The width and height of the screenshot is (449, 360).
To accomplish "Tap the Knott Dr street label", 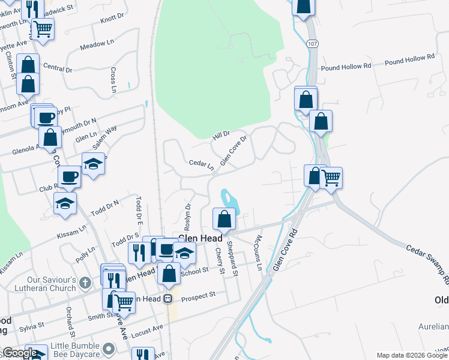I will [112, 19].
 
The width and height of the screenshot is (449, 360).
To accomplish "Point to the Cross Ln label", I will [113, 79].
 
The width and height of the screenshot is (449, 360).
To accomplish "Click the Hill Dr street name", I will [221, 136].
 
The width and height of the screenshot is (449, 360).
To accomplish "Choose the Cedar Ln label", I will [201, 163].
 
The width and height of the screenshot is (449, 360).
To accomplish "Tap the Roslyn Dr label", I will [188, 214].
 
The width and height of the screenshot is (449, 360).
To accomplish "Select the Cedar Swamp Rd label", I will [427, 263].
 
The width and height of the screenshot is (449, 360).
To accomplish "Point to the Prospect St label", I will [198, 296].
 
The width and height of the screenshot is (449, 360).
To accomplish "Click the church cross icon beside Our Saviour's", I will [85, 281].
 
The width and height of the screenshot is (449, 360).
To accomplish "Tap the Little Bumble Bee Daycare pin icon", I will [109, 348].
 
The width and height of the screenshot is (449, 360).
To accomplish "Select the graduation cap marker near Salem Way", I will [94, 164].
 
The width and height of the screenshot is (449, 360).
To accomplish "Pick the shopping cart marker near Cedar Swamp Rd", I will [331, 178].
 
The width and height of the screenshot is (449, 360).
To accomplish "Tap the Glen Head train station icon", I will [168, 298].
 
